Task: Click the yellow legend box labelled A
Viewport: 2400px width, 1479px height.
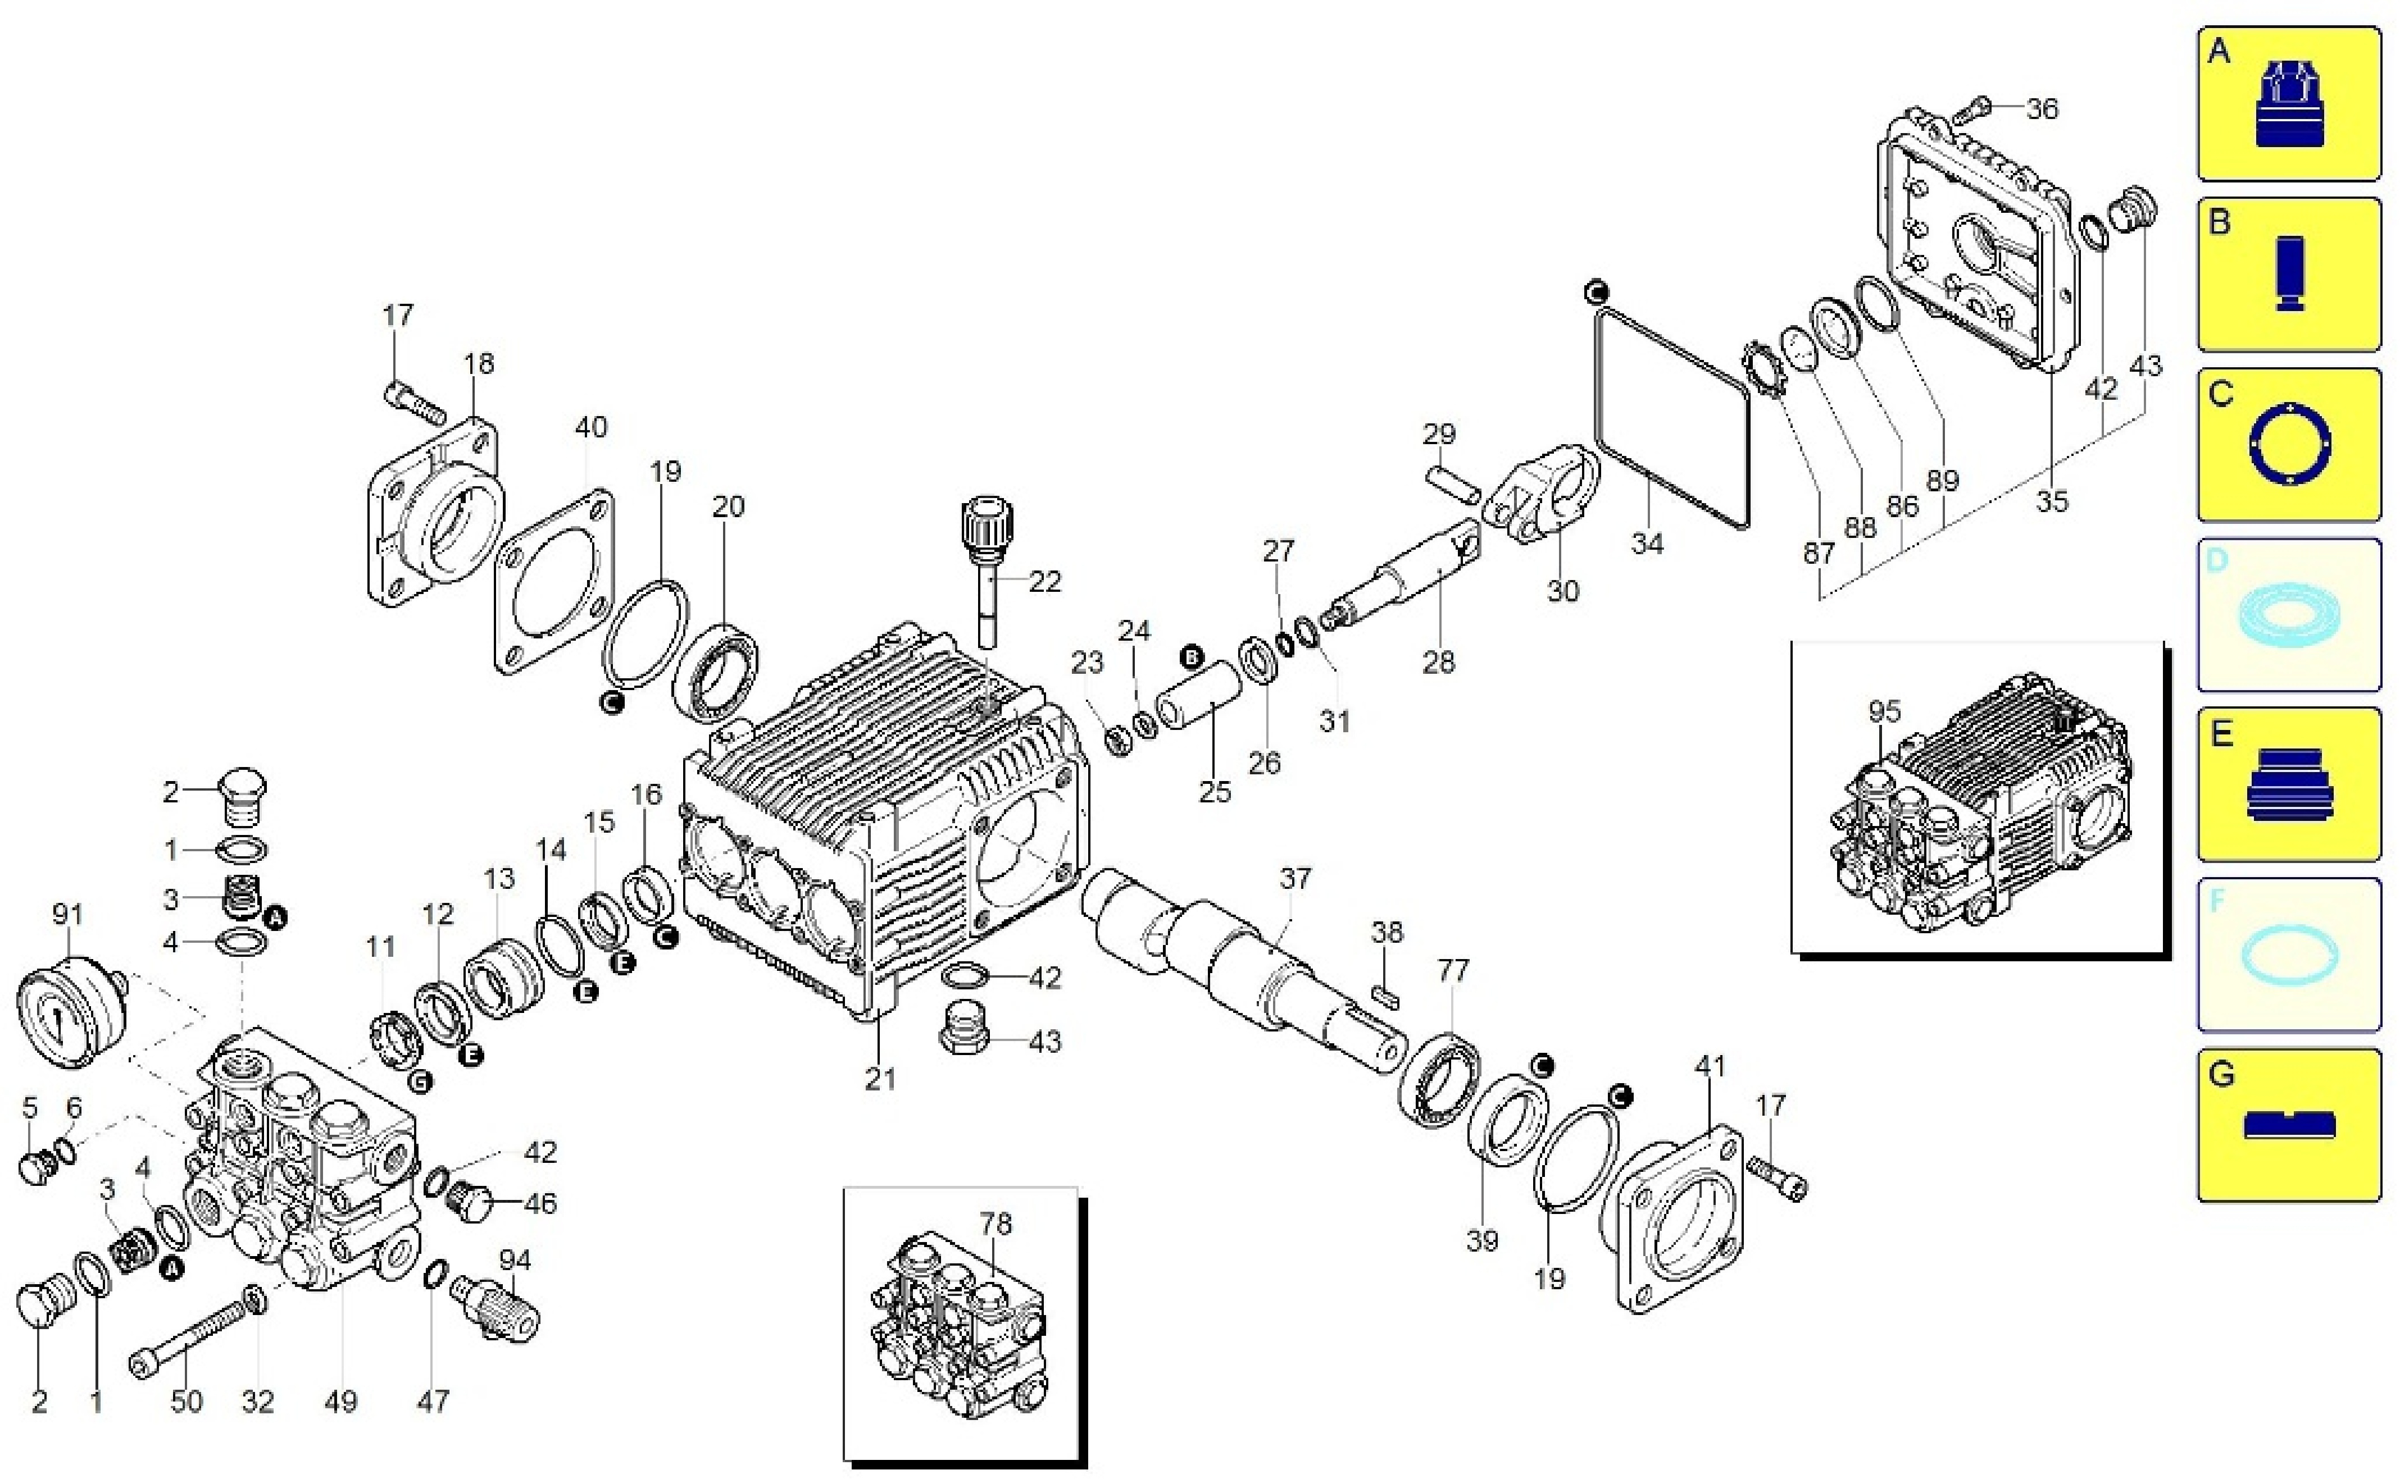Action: [2288, 104]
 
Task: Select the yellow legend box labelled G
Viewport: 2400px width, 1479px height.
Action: [2288, 1125]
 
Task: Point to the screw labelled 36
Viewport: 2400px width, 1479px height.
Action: [1974, 111]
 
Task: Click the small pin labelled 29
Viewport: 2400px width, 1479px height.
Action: [1452, 484]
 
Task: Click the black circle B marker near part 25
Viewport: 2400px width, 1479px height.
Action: [1192, 658]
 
